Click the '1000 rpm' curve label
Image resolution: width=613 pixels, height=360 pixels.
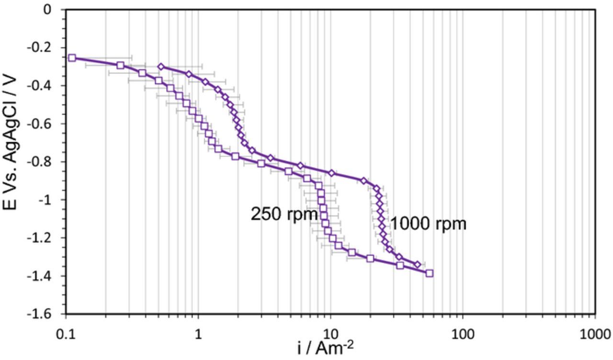point(428,224)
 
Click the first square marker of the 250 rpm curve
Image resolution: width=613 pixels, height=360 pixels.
point(72,58)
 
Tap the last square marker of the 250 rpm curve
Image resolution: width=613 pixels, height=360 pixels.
point(430,273)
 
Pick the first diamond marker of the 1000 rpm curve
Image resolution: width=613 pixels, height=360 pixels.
point(161,67)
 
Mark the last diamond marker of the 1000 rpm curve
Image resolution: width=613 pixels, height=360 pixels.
point(417,264)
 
